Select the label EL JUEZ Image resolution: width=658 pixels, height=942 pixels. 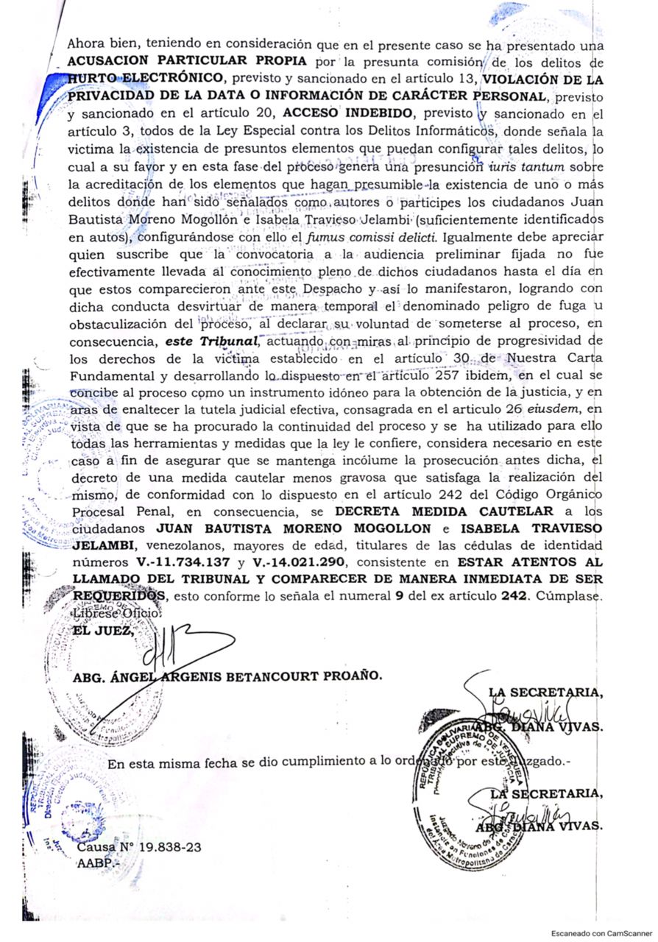pos(103,630)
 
